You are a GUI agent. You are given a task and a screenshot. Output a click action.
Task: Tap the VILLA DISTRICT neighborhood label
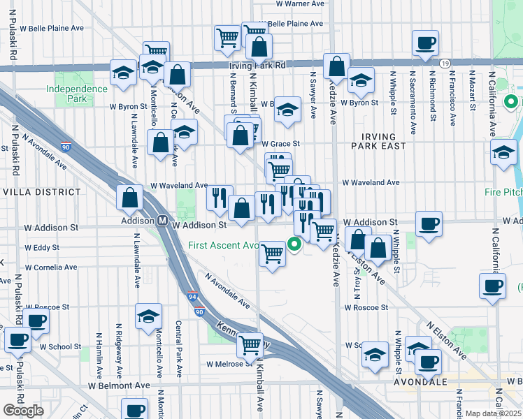[42, 191]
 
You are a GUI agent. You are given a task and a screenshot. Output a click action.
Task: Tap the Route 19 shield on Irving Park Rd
[445, 63]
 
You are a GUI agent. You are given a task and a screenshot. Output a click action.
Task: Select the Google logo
[23, 411]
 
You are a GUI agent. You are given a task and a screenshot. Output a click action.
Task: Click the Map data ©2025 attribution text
[493, 413]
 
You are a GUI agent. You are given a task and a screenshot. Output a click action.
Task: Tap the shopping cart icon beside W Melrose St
[250, 344]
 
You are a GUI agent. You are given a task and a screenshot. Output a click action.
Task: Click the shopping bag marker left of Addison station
[130, 198]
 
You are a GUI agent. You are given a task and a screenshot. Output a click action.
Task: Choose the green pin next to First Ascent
[295, 244]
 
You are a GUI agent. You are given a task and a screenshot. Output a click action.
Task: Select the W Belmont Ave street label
[119, 385]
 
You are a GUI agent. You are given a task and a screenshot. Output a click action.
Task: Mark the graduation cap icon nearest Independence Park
[123, 73]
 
